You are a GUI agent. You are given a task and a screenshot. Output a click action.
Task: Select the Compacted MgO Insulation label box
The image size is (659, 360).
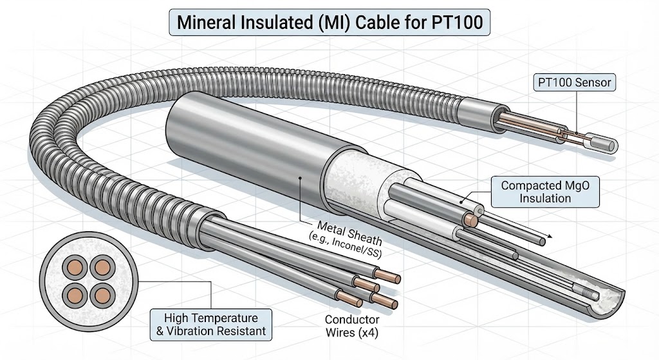(545, 191)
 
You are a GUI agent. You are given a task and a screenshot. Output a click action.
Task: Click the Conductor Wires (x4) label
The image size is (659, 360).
(352, 326)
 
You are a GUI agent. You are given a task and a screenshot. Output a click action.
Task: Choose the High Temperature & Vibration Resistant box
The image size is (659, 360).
(210, 325)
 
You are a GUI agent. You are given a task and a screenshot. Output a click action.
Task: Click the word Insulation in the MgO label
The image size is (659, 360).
(545, 198)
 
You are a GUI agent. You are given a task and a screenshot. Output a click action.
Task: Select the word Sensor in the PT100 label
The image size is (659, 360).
(593, 82)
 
